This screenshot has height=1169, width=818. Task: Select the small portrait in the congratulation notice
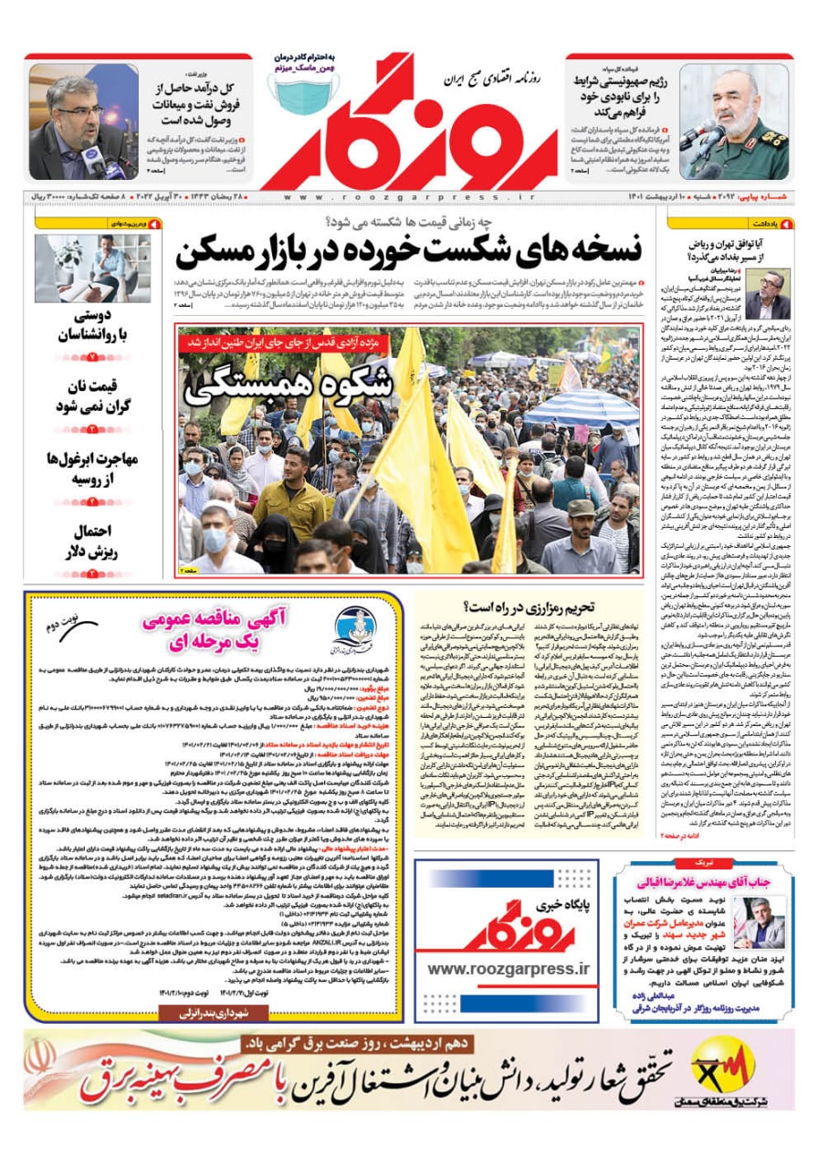[759, 922]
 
